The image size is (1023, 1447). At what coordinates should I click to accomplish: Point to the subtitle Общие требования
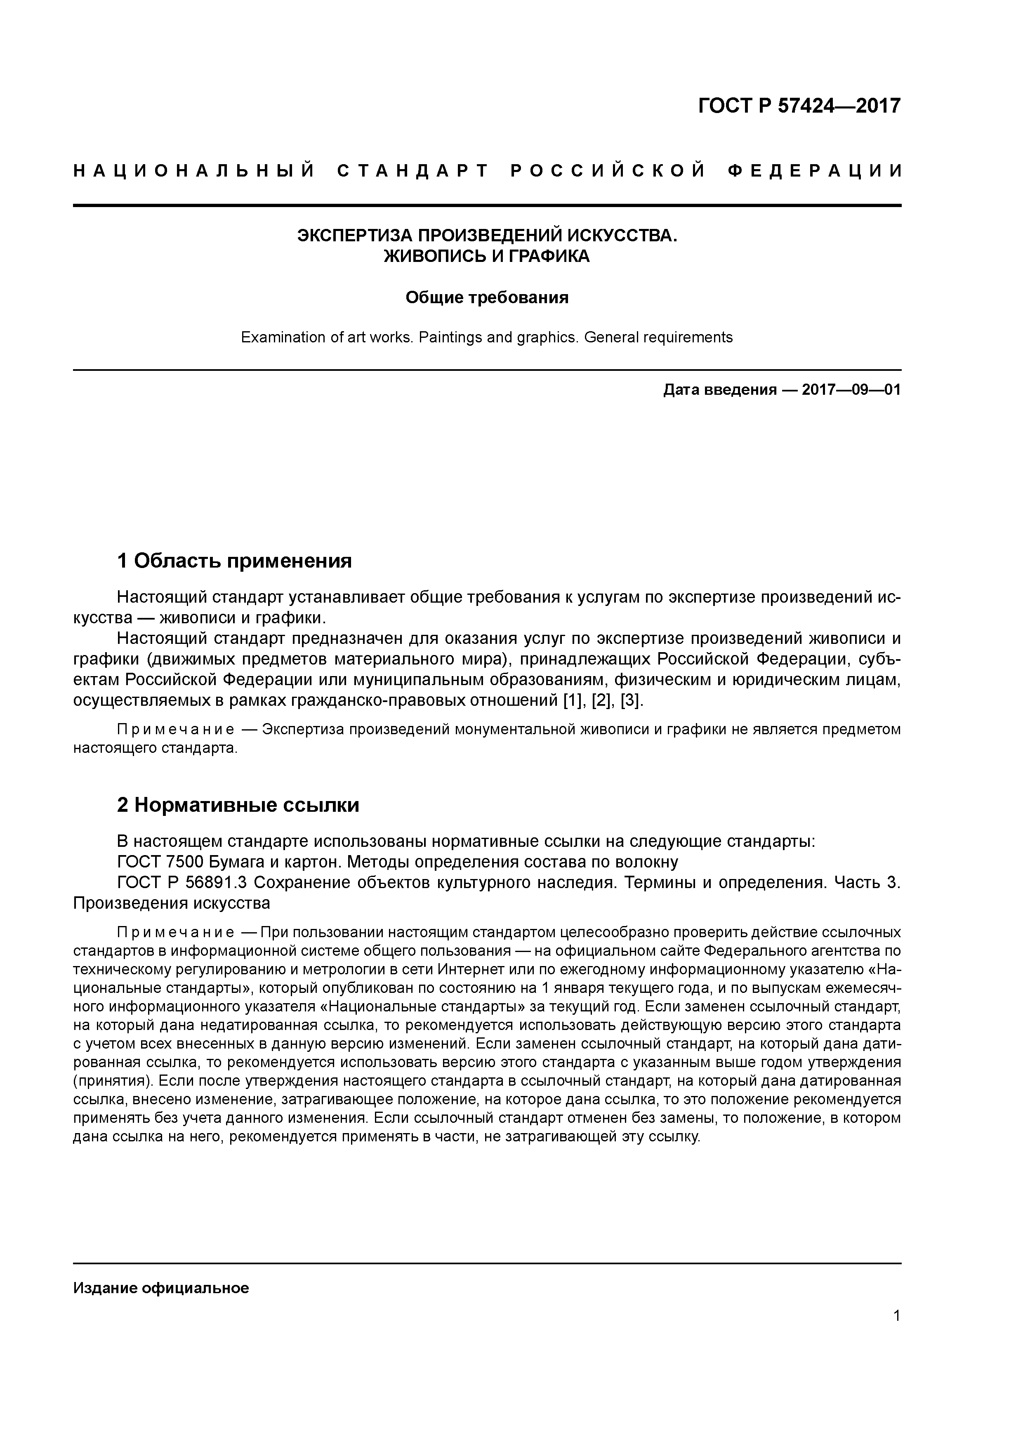[487, 297]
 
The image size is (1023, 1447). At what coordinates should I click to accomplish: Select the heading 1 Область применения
[234, 560]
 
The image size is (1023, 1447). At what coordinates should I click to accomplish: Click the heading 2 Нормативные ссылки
[238, 806]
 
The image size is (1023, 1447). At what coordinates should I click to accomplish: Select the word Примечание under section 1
[176, 730]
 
